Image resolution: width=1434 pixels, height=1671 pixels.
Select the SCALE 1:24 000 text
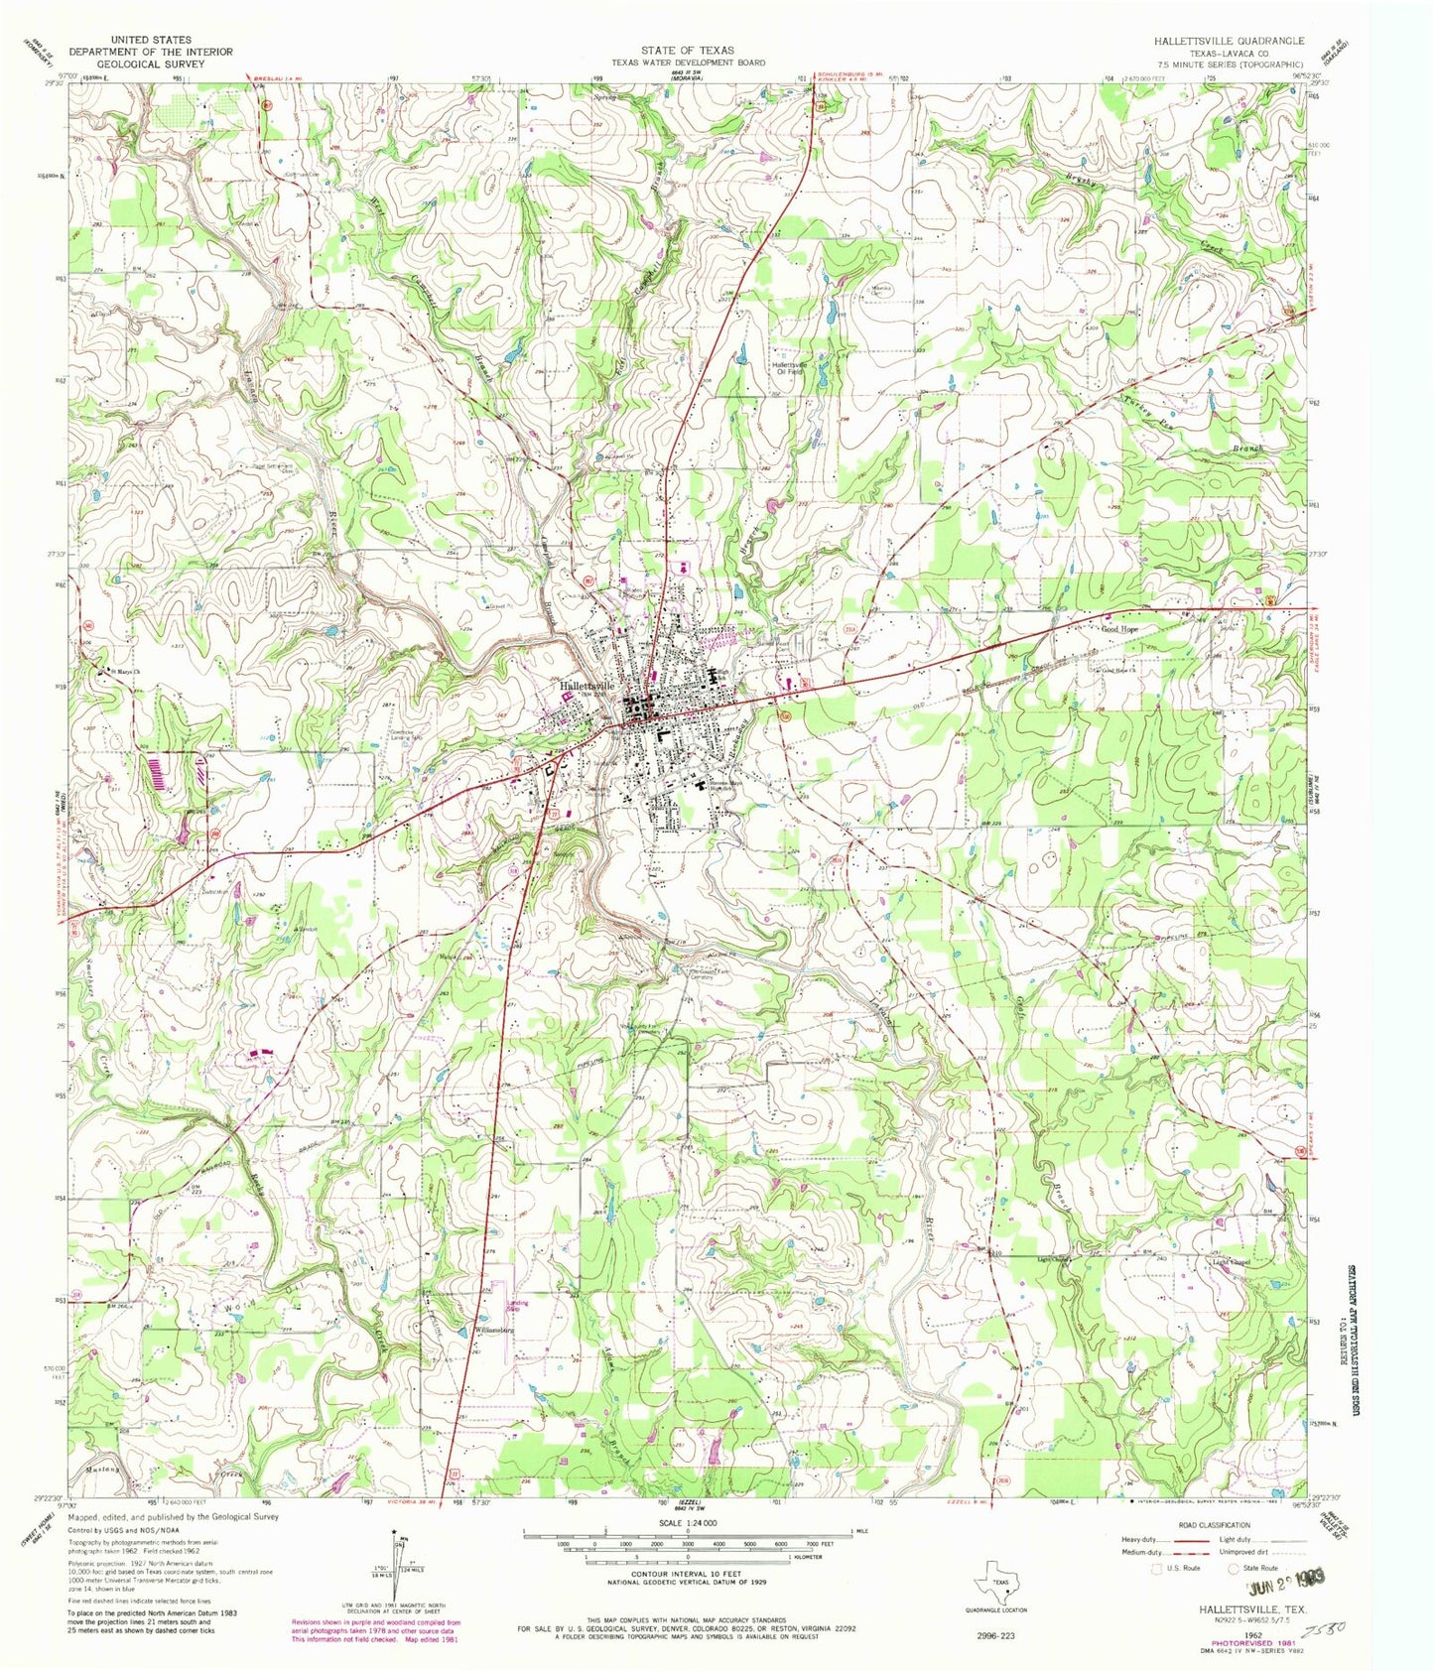pos(687,1523)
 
